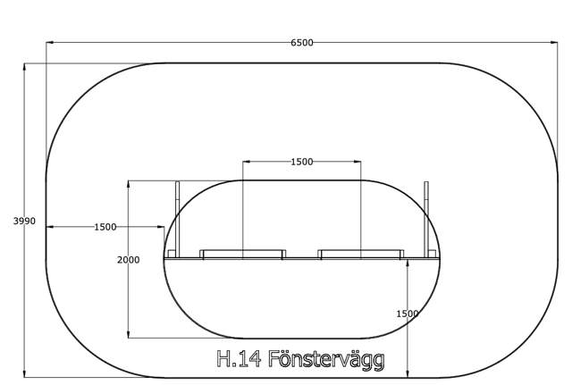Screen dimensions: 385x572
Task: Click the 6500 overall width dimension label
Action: click(302, 43)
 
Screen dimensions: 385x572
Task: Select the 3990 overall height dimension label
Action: click(24, 221)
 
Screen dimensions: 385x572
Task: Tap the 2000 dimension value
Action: click(129, 260)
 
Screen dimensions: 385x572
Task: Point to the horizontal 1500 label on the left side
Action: click(105, 227)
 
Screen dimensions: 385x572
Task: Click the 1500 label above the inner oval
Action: click(302, 162)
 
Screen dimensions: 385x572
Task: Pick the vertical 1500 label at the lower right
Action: click(408, 314)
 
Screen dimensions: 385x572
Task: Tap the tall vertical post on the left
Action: click(178, 219)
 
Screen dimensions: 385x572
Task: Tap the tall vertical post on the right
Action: click(426, 219)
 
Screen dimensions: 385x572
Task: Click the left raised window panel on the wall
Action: click(243, 254)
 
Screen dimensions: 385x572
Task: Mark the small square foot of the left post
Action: click(172, 254)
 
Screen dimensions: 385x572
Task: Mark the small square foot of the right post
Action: click(433, 254)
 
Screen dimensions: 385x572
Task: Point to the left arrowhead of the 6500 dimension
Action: click(50, 42)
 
